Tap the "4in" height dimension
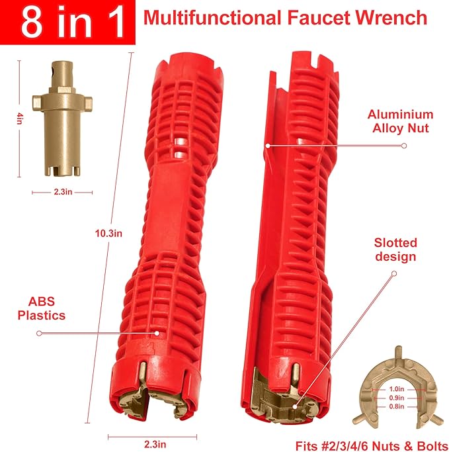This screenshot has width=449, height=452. pyautogui.click(x=20, y=118)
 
